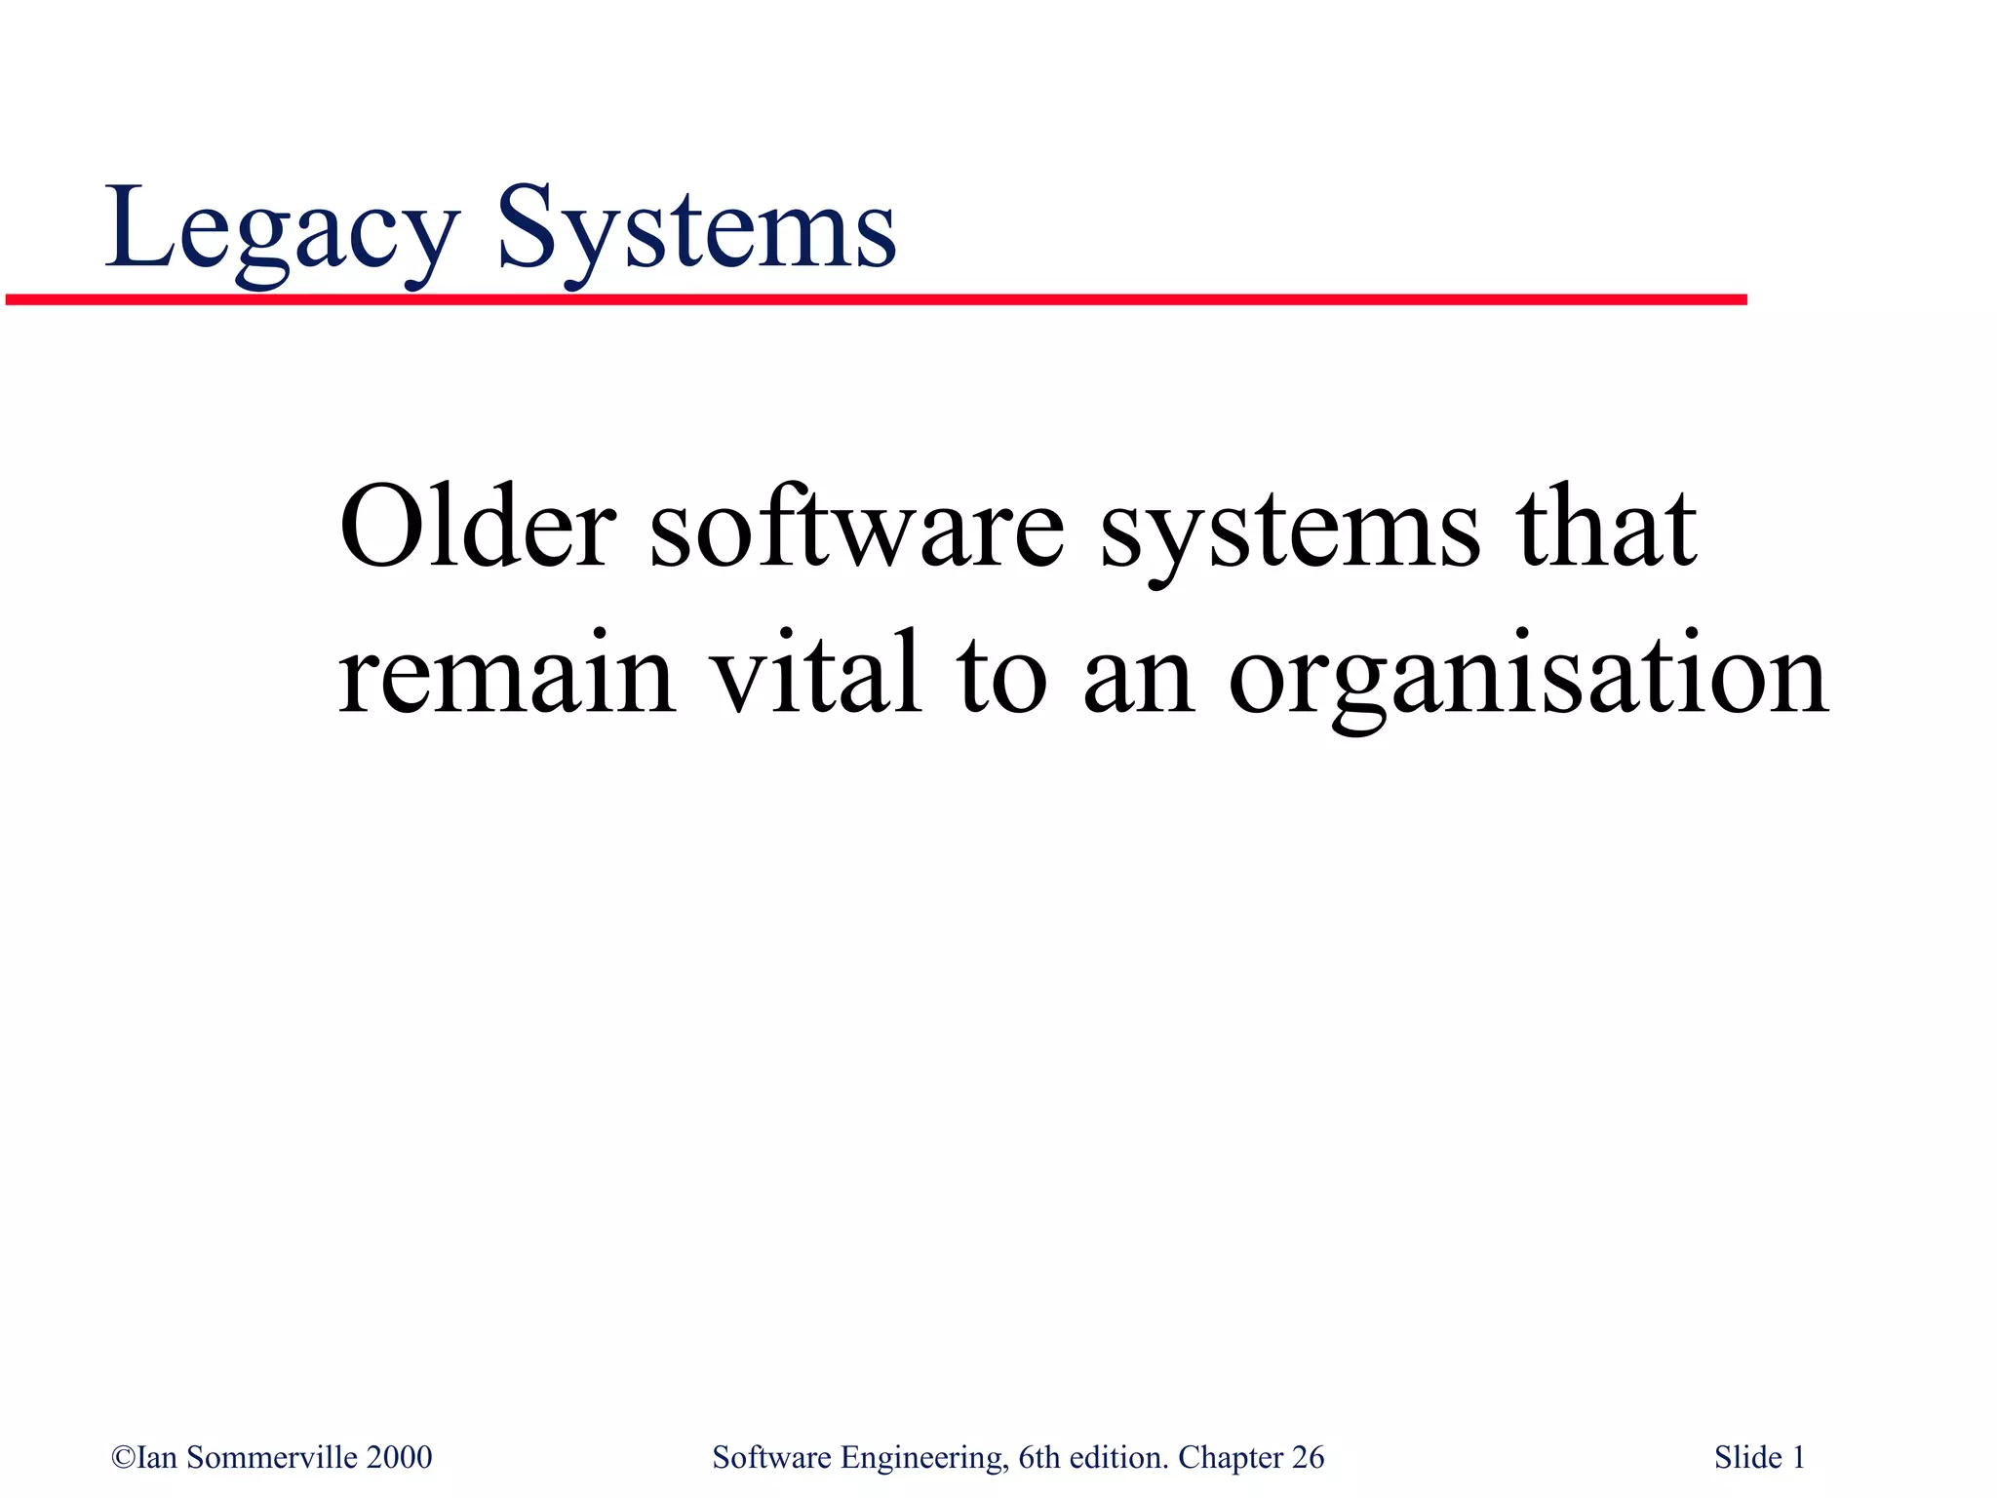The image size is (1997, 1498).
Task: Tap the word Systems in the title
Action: [x=696, y=229]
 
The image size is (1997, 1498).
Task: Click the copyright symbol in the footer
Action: [x=123, y=1458]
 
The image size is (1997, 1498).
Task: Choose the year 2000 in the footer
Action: [x=399, y=1457]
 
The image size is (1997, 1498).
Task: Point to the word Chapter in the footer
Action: [x=1230, y=1457]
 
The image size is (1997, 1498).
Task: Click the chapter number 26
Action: [x=1308, y=1457]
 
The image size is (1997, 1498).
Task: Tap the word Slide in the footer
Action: [x=1747, y=1457]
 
